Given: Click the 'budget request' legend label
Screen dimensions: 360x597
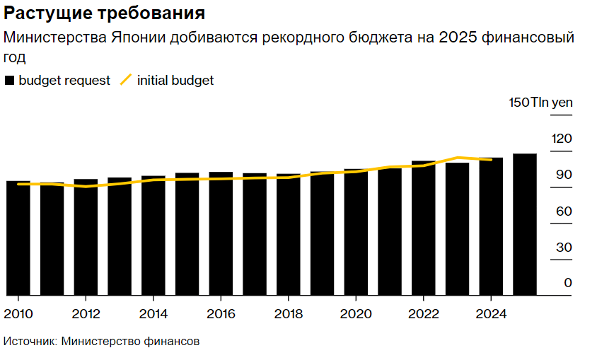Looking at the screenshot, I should tap(64, 81).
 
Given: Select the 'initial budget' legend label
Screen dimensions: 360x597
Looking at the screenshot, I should tap(175, 81).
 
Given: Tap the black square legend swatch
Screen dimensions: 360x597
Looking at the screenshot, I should tap(9, 81).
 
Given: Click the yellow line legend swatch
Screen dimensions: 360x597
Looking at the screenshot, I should tap(126, 81).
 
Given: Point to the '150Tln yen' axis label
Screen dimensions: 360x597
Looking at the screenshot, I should tap(540, 103).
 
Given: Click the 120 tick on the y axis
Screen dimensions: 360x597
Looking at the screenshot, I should tap(562, 139).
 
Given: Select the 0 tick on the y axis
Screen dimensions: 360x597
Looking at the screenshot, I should tap(567, 284).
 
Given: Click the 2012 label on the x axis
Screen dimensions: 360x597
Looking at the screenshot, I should tap(86, 313).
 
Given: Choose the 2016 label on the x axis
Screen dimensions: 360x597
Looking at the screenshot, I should tap(221, 313).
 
